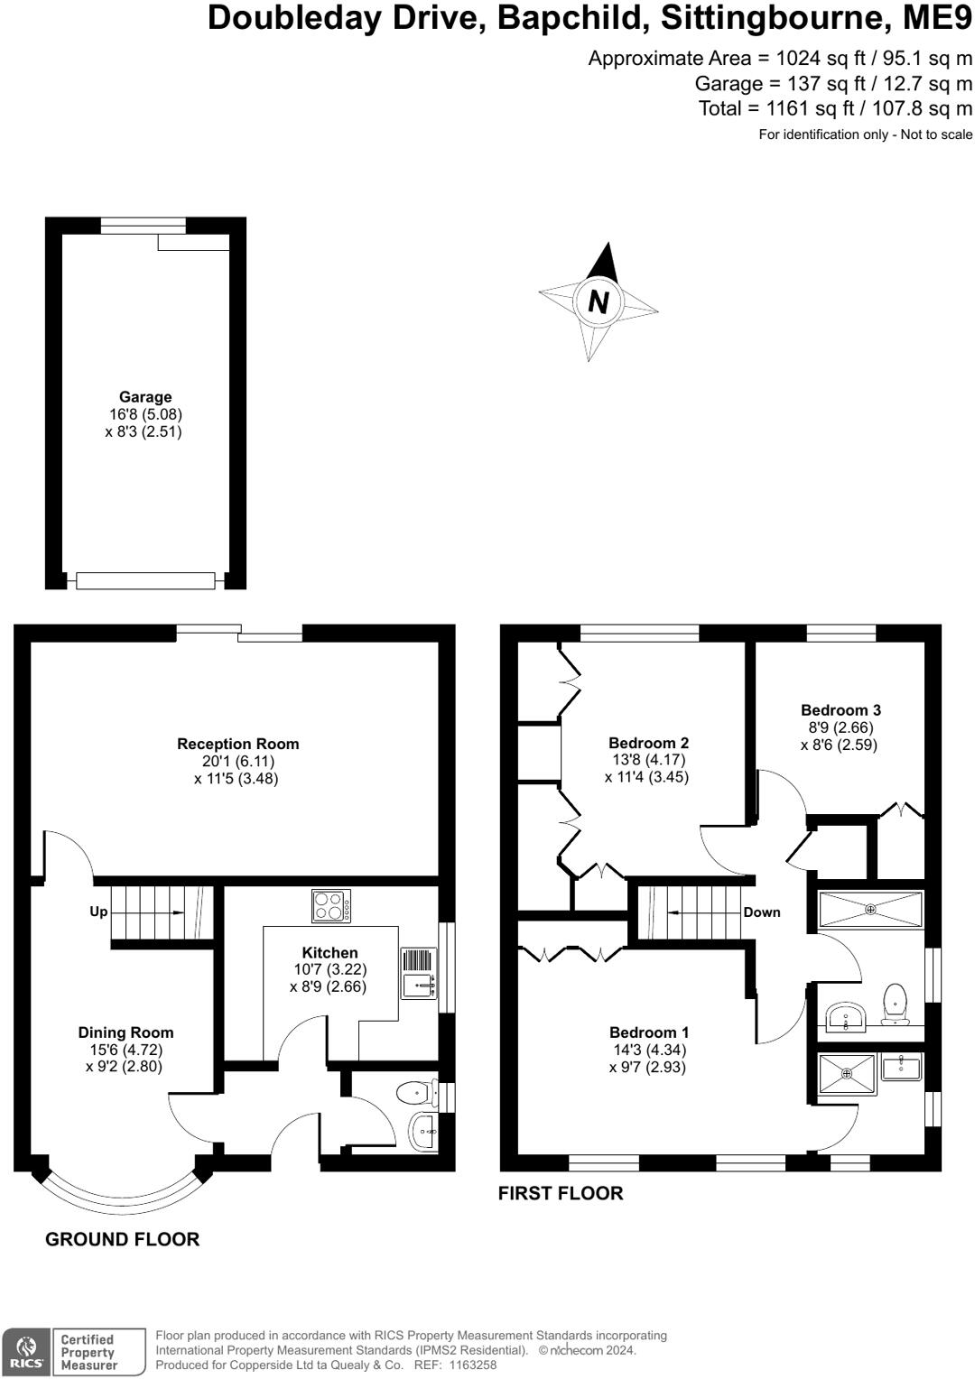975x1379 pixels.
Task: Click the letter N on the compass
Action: point(598,301)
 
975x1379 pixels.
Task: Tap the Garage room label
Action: point(145,397)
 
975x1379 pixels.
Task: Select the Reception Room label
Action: point(237,744)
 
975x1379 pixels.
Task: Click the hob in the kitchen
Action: point(331,906)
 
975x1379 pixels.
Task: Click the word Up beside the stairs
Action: point(98,912)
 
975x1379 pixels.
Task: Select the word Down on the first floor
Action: point(761,912)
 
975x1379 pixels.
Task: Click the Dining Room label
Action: point(125,1032)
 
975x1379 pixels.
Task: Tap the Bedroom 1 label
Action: point(648,1032)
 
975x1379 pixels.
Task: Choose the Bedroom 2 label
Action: point(648,743)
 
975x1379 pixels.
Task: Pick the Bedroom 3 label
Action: point(840,710)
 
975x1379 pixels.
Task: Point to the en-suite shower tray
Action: point(847,1074)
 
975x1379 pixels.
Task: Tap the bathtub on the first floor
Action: point(870,910)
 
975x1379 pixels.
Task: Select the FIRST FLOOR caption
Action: point(561,1193)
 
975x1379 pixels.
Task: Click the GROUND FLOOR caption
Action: point(122,1239)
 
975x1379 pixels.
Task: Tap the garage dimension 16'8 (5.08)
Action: point(145,414)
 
